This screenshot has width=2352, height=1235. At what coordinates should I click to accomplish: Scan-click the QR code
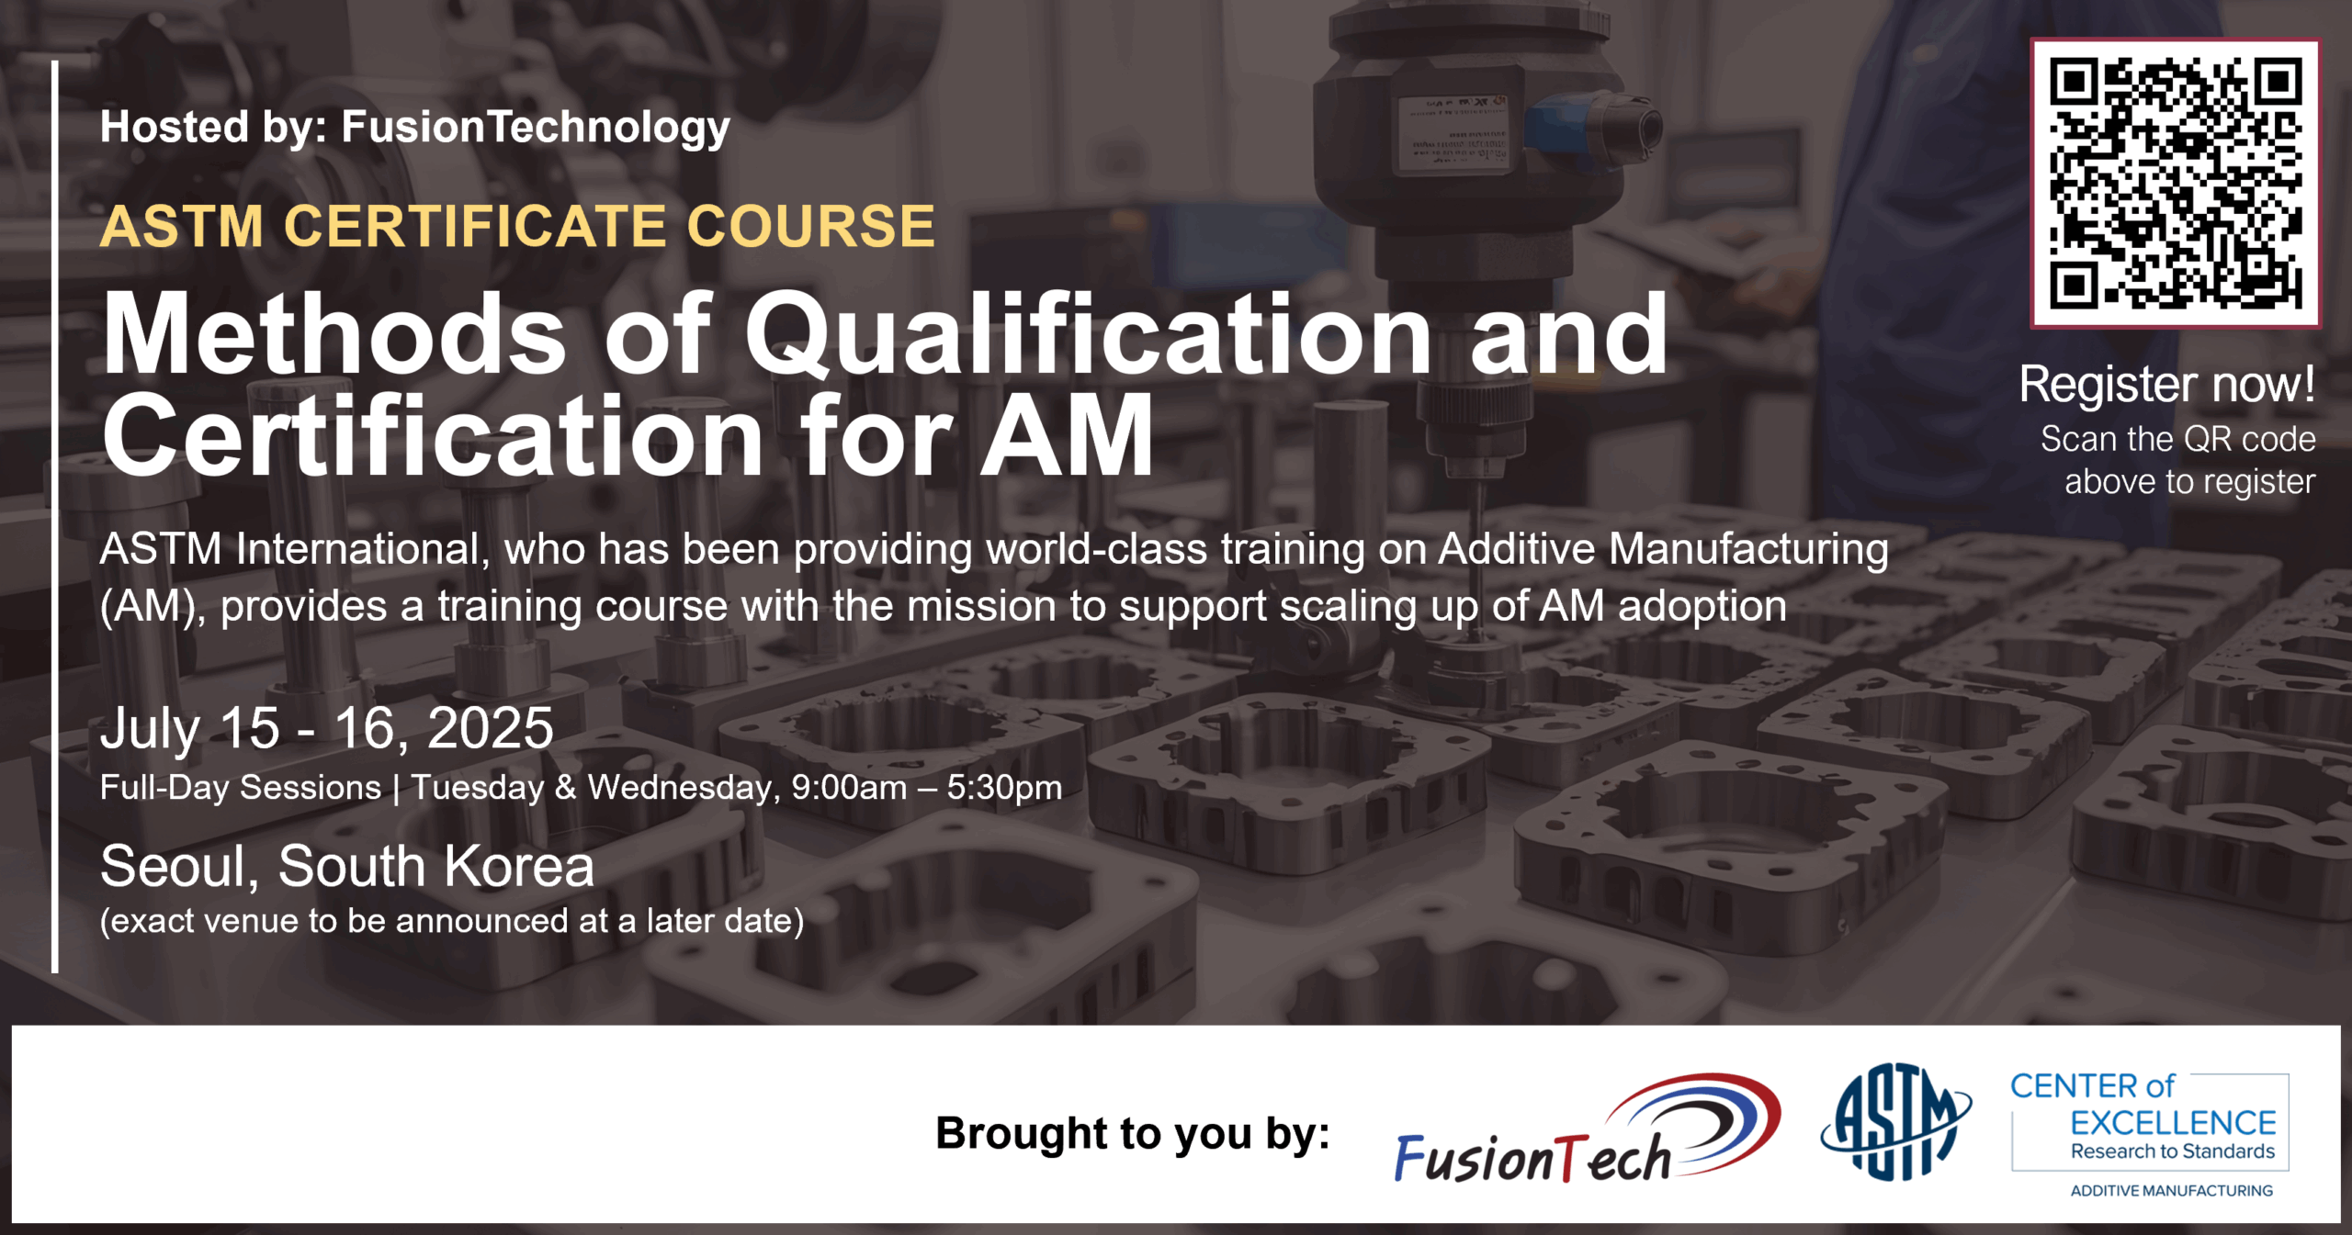click(x=2175, y=183)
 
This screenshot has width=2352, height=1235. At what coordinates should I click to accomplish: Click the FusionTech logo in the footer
click(x=1588, y=1128)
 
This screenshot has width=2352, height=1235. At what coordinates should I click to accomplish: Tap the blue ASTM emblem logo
click(x=1895, y=1121)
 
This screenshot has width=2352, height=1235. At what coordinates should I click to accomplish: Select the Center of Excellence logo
click(x=2149, y=1134)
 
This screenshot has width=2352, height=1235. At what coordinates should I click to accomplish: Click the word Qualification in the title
click(x=1087, y=335)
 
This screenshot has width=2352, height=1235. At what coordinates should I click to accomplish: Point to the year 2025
click(x=490, y=728)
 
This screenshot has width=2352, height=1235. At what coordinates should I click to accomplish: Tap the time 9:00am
click(x=849, y=788)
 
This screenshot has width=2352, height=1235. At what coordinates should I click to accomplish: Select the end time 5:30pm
click(x=1004, y=788)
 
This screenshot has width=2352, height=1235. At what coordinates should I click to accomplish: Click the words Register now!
click(x=2166, y=383)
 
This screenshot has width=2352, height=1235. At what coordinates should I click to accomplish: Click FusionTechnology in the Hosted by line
click(x=536, y=127)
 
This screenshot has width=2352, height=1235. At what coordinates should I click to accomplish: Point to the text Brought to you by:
click(x=1133, y=1133)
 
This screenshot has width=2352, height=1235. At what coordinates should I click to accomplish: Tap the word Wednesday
click(x=684, y=788)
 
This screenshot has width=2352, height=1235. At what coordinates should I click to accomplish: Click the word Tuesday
click(x=477, y=788)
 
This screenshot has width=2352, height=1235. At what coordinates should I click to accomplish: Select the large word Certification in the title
click(x=432, y=436)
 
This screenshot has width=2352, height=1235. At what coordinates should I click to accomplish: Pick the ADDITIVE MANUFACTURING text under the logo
click(x=2171, y=1191)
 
